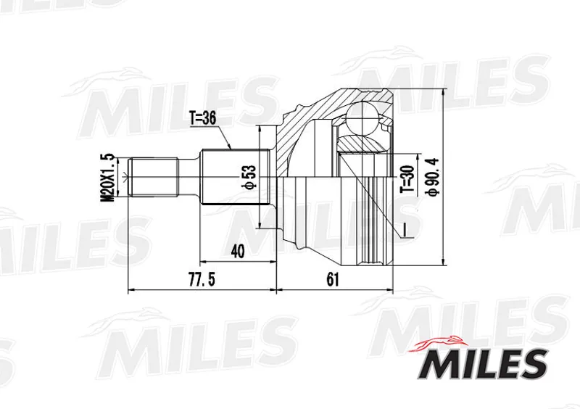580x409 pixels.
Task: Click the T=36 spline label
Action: tap(203, 118)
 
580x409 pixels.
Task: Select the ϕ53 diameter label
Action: tap(250, 175)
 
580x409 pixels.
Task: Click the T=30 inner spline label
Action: tap(407, 179)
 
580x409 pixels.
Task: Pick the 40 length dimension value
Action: tap(238, 252)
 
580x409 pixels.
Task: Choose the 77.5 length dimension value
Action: tap(202, 280)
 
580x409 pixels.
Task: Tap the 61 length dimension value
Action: tap(333, 280)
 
